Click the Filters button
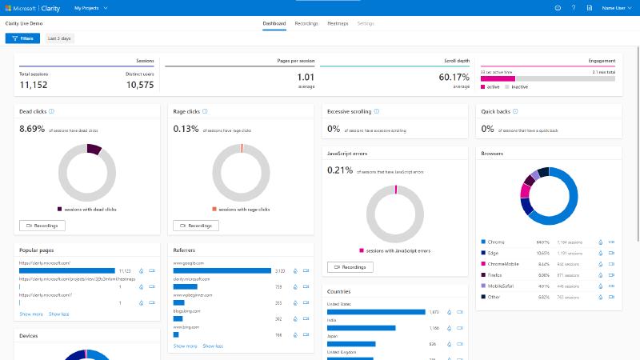[x=22, y=38]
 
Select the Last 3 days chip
[x=59, y=38]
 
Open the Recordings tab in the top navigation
[x=306, y=24]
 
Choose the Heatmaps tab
[x=338, y=24]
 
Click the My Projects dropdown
[x=90, y=8]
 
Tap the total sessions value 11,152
[x=34, y=85]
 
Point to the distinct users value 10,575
[x=139, y=85]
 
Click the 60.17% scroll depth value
[x=454, y=78]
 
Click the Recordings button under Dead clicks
[x=42, y=226]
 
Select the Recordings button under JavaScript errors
[x=350, y=267]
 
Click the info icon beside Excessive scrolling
[x=377, y=112]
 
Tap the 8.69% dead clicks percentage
[x=31, y=129]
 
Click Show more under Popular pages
[x=31, y=314]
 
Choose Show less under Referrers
[x=213, y=346]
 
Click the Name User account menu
[x=613, y=8]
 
